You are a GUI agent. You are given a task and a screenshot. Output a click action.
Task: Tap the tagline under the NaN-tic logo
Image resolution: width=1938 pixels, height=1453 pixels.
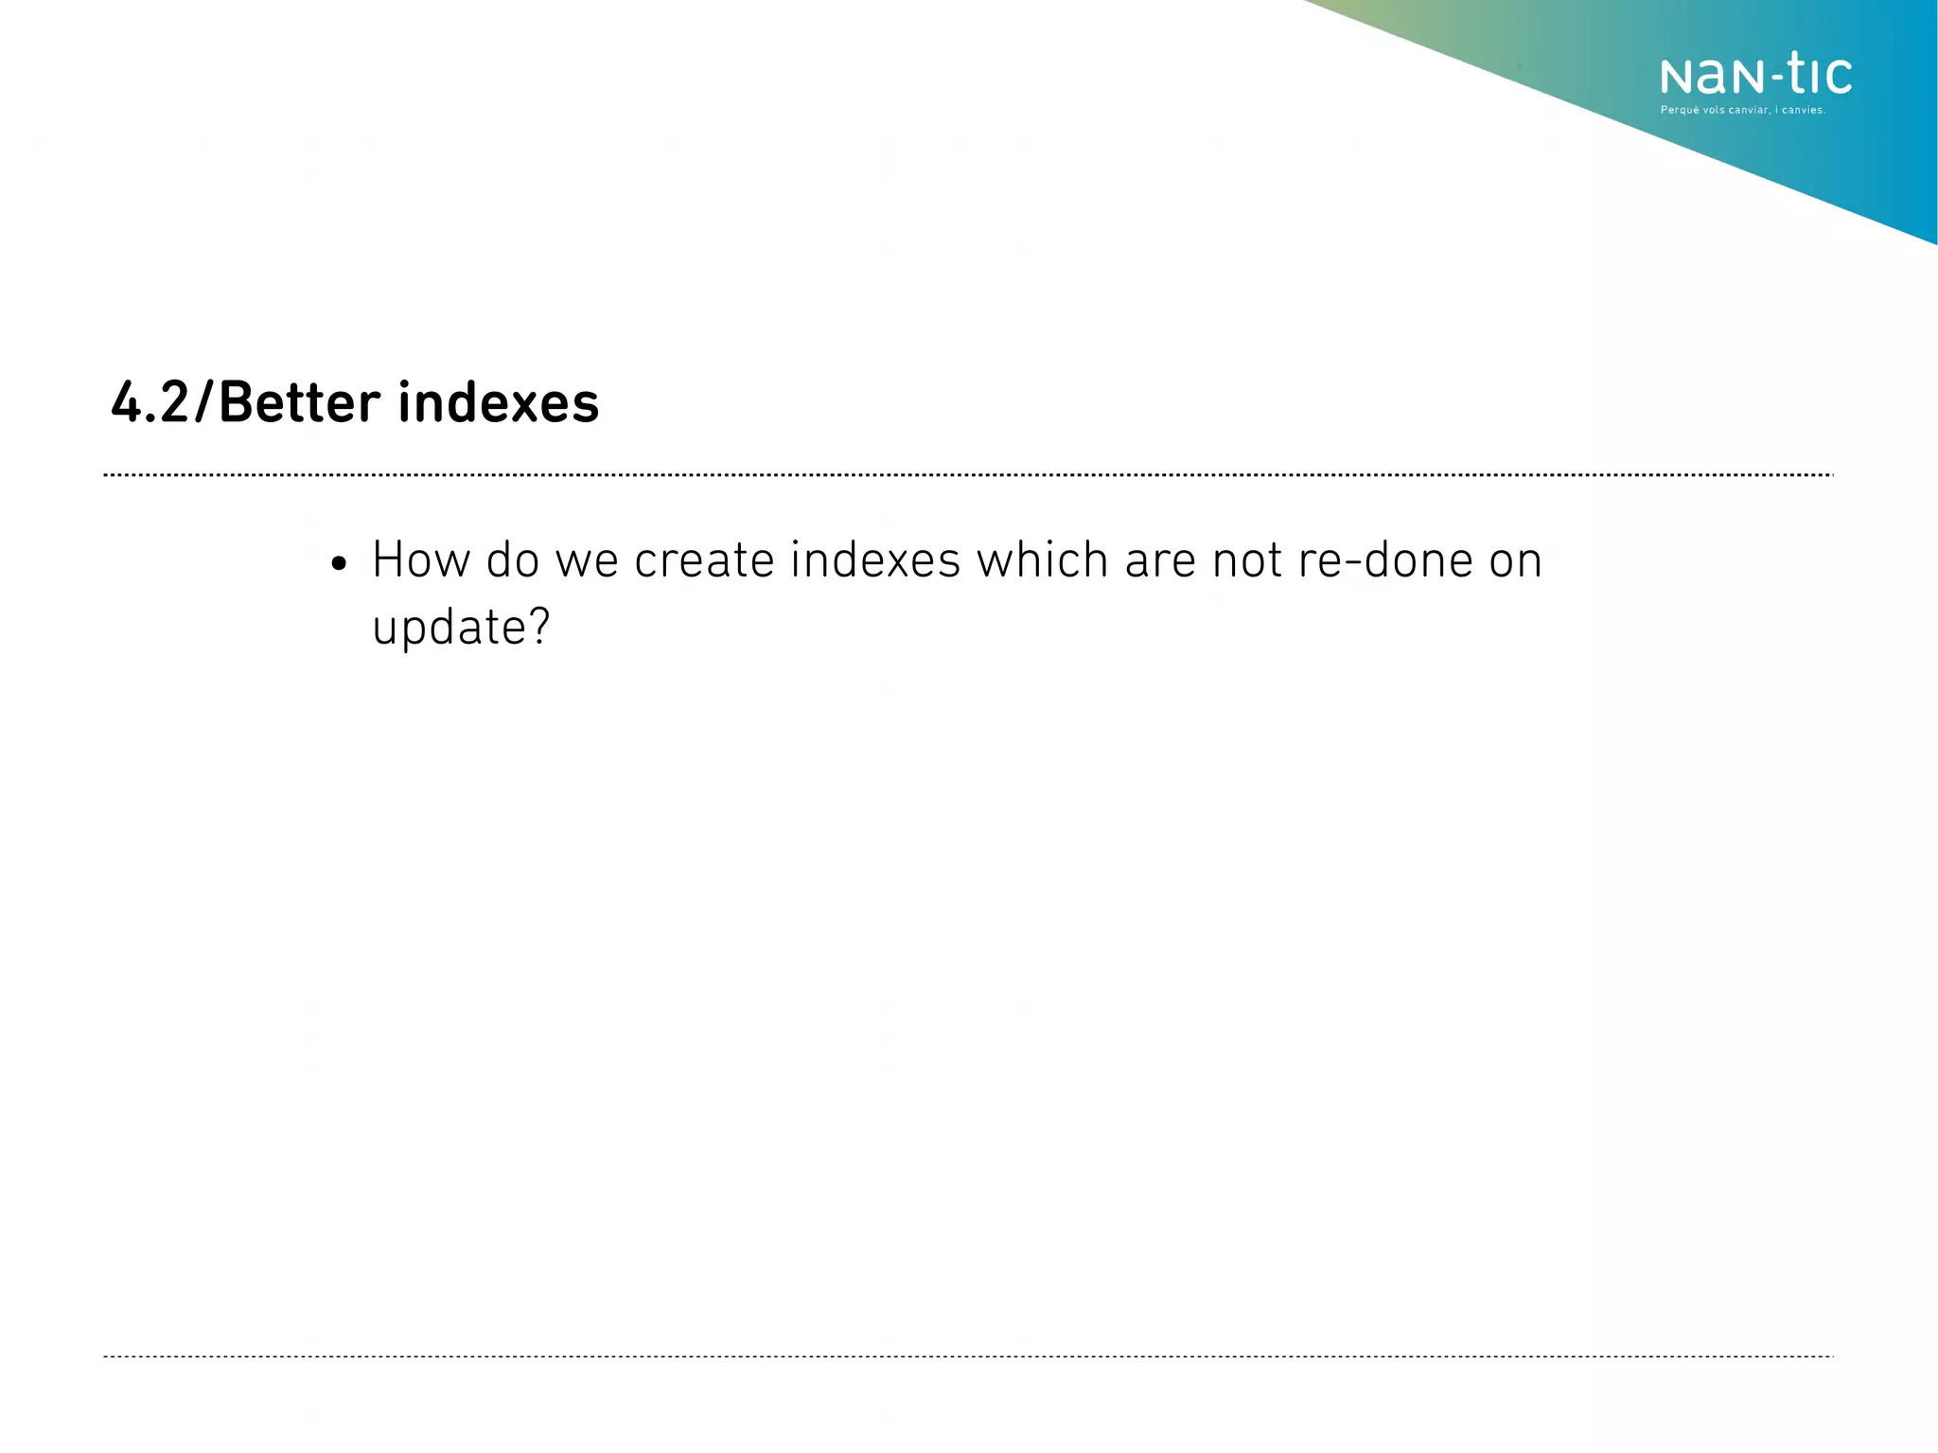click(x=1742, y=111)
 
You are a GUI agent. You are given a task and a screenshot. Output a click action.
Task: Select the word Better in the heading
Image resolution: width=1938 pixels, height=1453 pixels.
click(x=299, y=402)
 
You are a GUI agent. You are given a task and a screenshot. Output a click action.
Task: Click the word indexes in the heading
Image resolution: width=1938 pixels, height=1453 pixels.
click(x=498, y=402)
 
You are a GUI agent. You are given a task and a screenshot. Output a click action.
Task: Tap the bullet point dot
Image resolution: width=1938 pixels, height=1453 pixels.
click(x=339, y=565)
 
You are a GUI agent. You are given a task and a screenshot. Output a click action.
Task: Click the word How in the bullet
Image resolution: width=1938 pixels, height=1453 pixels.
click(x=420, y=559)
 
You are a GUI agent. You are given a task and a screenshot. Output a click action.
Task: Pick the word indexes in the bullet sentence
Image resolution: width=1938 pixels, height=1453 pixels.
click(x=875, y=559)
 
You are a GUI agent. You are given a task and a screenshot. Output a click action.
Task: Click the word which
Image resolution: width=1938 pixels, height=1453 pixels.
click(x=1042, y=559)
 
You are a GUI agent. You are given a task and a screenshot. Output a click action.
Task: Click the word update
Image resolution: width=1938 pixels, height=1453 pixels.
click(x=449, y=628)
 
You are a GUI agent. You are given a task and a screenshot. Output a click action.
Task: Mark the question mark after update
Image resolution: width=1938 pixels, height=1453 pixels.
click(x=539, y=626)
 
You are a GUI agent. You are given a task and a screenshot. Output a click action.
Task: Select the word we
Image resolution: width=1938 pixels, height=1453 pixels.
click(x=587, y=561)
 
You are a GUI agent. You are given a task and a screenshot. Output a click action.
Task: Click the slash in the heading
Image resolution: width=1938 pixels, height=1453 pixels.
click(x=204, y=402)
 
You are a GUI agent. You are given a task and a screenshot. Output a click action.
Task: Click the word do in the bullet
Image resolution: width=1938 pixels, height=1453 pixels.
click(x=512, y=559)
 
